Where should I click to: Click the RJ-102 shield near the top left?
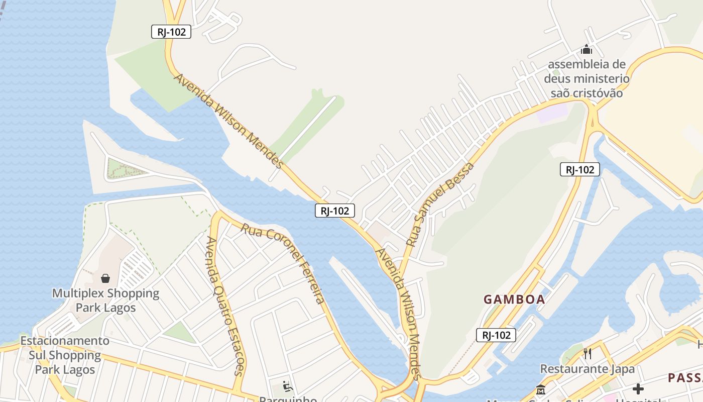pos(171,32)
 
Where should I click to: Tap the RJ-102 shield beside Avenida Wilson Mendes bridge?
pos(335,211)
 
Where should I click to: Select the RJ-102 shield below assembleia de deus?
pos(580,169)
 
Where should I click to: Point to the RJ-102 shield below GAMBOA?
pos(496,335)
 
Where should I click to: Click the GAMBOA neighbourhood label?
pos(514,299)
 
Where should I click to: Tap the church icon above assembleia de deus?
pos(586,50)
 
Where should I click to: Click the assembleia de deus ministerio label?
pos(587,79)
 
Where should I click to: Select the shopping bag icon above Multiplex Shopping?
pos(106,278)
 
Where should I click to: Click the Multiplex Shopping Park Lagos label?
pos(105,300)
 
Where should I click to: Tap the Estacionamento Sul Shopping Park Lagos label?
pos(65,355)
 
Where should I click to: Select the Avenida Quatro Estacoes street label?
pos(224,306)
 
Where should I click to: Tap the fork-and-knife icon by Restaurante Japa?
pos(588,354)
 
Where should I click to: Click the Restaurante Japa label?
pos(587,369)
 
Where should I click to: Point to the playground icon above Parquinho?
pos(288,386)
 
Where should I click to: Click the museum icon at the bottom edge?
pos(541,389)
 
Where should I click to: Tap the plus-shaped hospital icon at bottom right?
pos(638,389)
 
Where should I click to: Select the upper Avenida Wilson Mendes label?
pos(229,121)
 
